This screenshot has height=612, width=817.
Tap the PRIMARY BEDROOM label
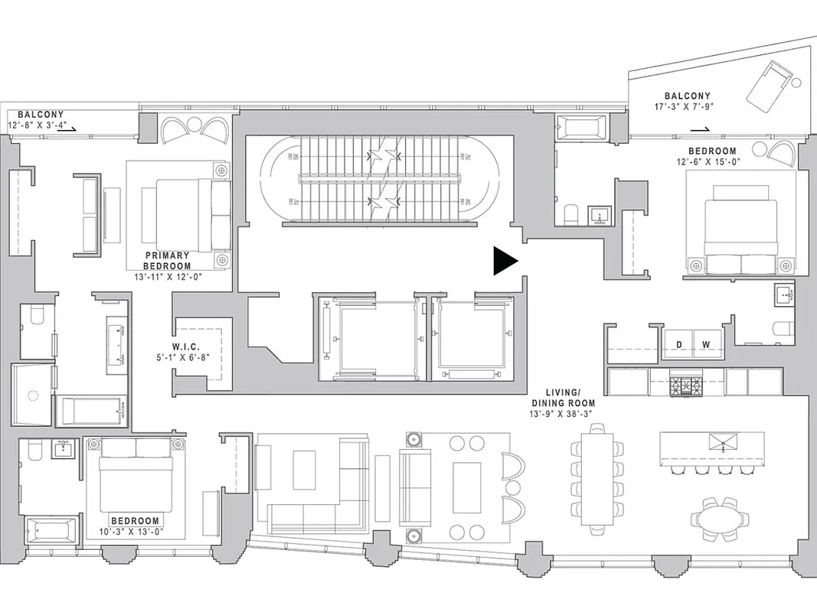coord(167,261)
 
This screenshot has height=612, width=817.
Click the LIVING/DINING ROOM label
coord(564,397)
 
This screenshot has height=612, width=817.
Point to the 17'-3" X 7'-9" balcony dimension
coord(687,108)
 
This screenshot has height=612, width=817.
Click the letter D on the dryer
coord(678,344)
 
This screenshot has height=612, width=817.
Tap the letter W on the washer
coord(705,344)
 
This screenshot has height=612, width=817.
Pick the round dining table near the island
coord(719,518)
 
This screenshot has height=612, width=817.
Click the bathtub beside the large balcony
coord(580,127)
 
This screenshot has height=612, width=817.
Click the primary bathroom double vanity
coord(120,343)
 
